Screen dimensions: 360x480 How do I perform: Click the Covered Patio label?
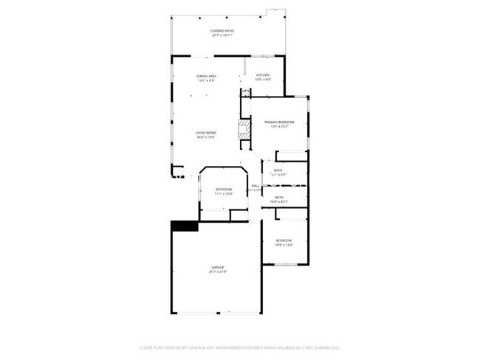click(x=222, y=30)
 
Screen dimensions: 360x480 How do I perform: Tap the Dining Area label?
click(x=206, y=76)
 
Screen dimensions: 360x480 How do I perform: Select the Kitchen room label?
click(x=263, y=75)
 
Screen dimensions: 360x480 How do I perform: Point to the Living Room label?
click(x=205, y=133)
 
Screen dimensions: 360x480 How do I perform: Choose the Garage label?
click(x=218, y=267)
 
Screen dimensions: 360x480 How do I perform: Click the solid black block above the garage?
click(x=185, y=226)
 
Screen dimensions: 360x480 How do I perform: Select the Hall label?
click(x=255, y=185)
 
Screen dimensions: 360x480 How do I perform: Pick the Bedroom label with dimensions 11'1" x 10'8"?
click(x=224, y=190)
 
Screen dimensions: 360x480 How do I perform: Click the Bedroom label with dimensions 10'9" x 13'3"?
click(x=284, y=240)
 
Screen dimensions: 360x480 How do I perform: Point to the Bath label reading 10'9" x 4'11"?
click(x=280, y=197)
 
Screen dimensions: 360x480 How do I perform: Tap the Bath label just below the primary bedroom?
click(x=278, y=170)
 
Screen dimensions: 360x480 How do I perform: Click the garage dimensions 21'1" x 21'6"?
click(x=218, y=272)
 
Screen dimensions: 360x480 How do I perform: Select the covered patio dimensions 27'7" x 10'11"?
click(x=222, y=35)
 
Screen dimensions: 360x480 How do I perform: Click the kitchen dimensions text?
click(x=263, y=80)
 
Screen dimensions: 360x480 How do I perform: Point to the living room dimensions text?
click(x=205, y=138)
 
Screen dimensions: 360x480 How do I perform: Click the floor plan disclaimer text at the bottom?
click(x=239, y=347)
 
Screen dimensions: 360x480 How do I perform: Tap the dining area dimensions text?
click(x=206, y=81)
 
